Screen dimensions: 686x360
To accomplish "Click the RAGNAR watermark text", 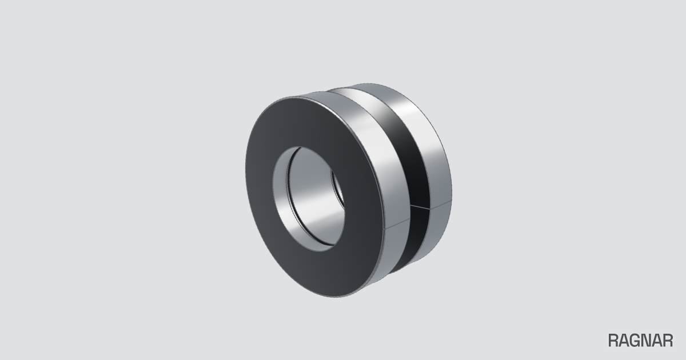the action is point(640,341).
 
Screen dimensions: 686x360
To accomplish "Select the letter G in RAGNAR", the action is point(635,341).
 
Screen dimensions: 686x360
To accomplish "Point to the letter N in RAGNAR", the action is point(647,341).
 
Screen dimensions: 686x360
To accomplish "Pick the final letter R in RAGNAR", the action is point(668,341).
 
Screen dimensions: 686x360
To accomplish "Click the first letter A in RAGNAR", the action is point(624,341).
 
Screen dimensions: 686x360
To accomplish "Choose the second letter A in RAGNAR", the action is point(657,341).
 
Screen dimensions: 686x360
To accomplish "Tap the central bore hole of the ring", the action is point(309,199).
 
